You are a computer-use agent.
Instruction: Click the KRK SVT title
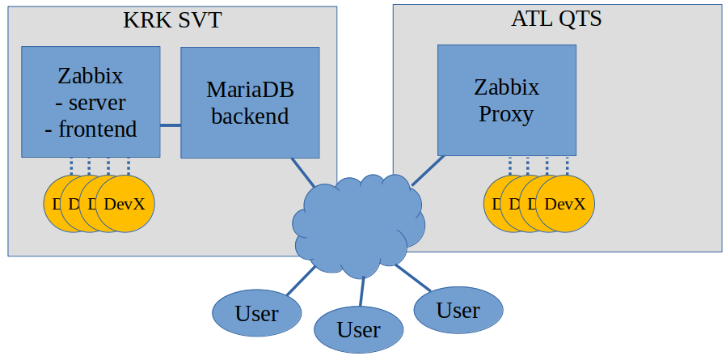coord(172,20)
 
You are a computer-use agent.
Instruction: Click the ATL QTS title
coord(556,19)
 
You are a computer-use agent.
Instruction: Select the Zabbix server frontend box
coord(90,102)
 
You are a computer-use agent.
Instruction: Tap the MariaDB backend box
coord(249,102)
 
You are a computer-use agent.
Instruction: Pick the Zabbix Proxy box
coord(506,100)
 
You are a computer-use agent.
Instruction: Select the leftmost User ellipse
coord(256,312)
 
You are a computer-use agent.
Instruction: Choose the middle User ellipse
coord(358,329)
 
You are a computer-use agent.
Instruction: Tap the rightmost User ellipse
coord(458,309)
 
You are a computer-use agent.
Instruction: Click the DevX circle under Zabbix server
coord(125,204)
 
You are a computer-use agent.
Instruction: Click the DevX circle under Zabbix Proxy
coord(565,203)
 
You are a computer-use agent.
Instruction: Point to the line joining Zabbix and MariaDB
coord(170,125)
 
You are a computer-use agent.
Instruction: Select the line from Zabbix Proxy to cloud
coord(427,170)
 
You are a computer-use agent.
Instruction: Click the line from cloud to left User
coord(301,280)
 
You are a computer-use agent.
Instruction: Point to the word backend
coord(250,116)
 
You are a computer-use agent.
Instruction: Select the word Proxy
coord(506,113)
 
